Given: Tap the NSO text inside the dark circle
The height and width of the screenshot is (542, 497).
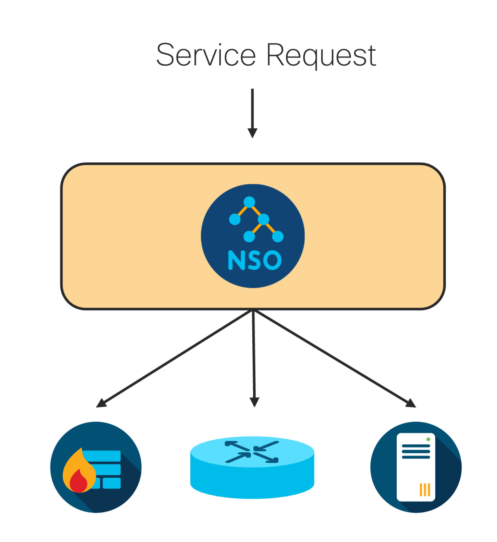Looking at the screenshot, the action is (255, 260).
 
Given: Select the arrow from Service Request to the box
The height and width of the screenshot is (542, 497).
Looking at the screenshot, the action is (253, 113).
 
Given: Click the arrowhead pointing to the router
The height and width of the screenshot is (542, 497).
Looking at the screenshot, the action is (255, 402).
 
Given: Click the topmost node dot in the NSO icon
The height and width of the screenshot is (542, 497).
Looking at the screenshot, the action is (249, 202).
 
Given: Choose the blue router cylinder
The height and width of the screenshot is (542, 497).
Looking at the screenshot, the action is (252, 468).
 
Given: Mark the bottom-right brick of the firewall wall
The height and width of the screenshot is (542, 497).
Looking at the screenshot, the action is (112, 483).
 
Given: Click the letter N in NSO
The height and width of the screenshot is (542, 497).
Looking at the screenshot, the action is (237, 260).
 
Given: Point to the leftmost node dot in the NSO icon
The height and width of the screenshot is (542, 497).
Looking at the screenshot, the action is (235, 219).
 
